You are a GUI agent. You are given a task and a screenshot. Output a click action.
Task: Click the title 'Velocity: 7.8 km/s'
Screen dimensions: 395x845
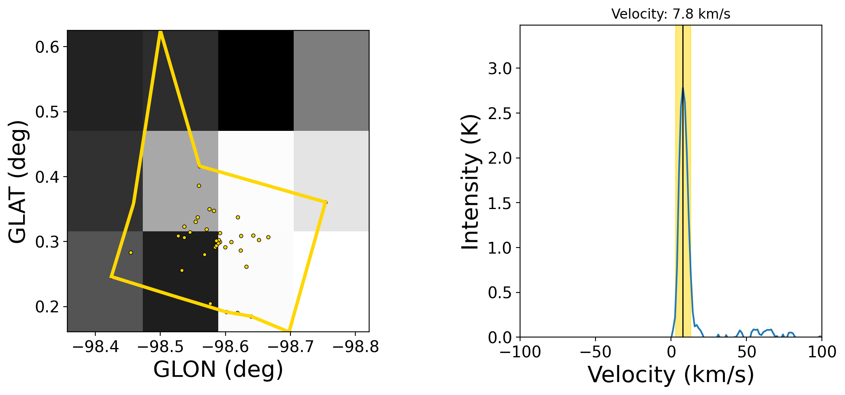tap(671, 14)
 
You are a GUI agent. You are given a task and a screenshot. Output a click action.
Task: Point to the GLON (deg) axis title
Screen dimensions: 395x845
tap(218, 369)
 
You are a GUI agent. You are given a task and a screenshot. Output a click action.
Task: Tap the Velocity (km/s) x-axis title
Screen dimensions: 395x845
tap(671, 374)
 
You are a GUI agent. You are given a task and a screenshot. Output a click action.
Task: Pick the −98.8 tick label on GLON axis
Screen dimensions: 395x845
tap(355, 347)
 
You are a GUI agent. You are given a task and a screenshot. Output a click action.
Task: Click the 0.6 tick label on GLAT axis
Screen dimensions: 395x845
tap(47, 47)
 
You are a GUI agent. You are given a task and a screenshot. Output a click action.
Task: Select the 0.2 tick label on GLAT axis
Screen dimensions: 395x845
tap(47, 307)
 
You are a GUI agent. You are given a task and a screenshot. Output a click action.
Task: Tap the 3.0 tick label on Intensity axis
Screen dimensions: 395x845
tap(500, 68)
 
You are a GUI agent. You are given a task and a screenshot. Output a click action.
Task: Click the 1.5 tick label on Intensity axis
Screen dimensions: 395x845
tap(500, 203)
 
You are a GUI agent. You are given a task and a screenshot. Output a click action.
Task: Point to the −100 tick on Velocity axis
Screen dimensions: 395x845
tap(520, 352)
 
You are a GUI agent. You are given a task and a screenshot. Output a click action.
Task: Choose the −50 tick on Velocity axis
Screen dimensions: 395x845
tap(596, 352)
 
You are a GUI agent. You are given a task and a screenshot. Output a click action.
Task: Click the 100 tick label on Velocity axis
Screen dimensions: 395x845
tap(822, 352)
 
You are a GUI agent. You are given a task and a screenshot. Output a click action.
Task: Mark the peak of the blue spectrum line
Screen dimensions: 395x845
tap(683, 88)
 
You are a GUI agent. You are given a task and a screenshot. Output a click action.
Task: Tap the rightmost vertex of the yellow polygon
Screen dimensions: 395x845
tap(325, 202)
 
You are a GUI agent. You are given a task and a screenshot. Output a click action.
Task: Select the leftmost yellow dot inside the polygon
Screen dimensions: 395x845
tap(131, 252)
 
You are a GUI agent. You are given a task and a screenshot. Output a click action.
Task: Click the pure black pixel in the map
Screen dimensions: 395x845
tap(256, 80)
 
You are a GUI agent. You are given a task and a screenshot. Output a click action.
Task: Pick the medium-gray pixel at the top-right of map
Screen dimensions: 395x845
tap(331, 80)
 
